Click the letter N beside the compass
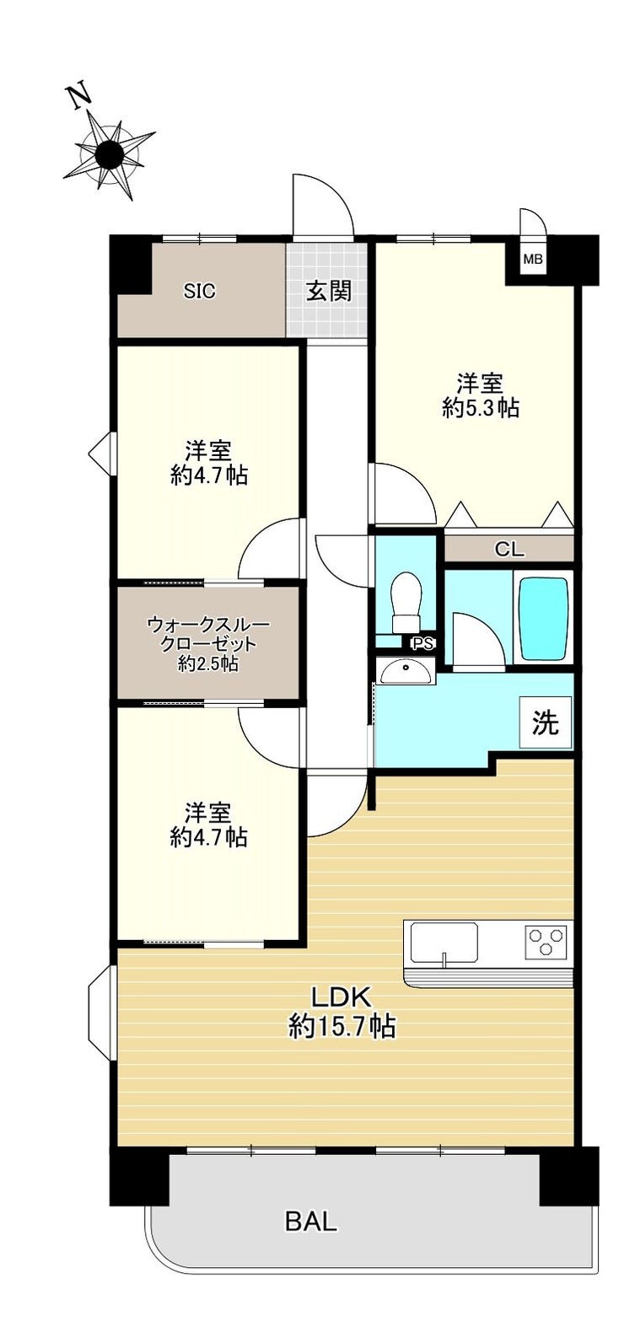point(79,97)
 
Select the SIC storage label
point(200,292)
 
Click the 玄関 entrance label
point(328,292)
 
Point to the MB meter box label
point(533,259)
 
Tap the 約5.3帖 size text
point(480,408)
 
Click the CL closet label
point(509,551)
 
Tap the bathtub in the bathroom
point(543,618)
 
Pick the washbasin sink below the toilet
point(405,670)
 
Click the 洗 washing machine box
point(546,722)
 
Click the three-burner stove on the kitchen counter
point(546,941)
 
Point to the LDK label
point(342,997)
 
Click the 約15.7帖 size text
point(342,1026)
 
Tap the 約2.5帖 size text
point(208,664)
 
